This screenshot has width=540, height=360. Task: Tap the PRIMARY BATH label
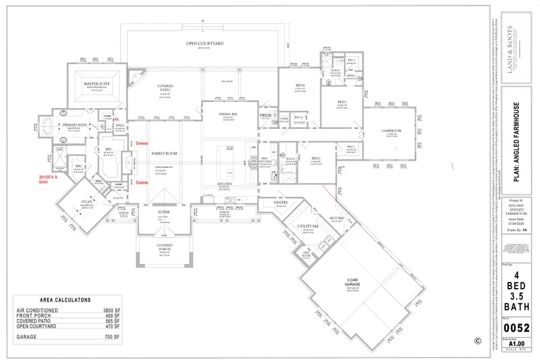[x=73, y=124]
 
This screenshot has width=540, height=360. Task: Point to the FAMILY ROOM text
[x=164, y=154]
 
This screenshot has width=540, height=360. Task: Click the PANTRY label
[x=281, y=203]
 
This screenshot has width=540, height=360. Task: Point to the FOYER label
[x=164, y=211]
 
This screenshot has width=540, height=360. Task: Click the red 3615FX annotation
[x=47, y=179]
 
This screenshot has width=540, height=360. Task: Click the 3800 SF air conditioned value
[x=112, y=310]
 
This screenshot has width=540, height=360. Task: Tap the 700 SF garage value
[x=113, y=338]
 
